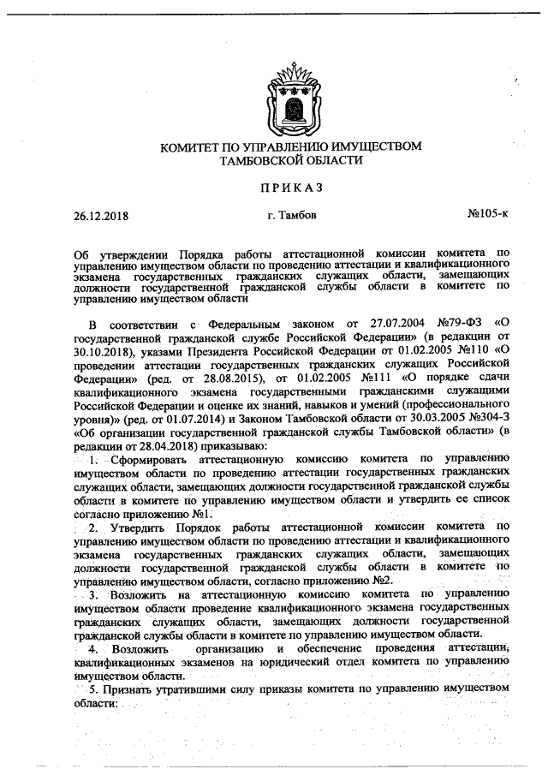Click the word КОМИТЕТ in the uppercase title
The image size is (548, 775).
pyautogui.click(x=195, y=146)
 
